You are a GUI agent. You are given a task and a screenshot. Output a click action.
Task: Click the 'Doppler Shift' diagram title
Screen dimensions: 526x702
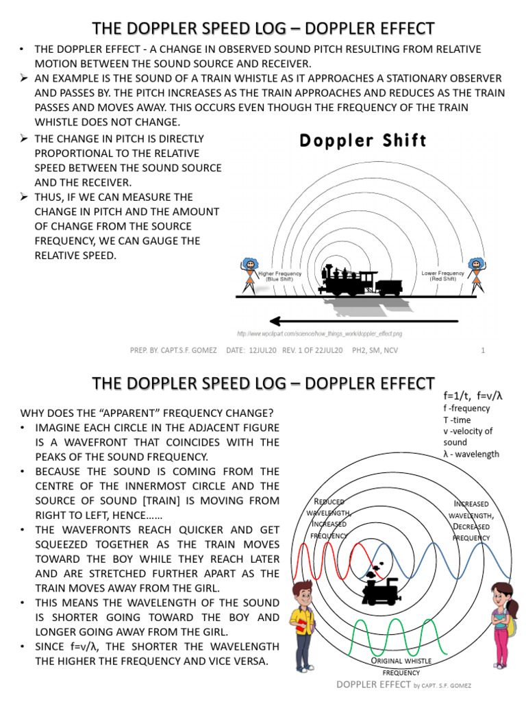[x=363, y=141]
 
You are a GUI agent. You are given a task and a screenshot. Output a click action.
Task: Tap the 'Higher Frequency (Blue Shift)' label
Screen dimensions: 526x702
[x=279, y=277]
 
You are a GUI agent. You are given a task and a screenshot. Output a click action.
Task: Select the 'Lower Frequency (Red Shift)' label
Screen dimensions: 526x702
[x=442, y=276]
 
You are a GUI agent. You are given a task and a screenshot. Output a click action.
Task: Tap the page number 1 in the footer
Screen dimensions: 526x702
[x=483, y=351]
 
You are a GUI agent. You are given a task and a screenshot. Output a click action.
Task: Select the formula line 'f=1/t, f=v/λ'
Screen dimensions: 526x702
[x=473, y=396]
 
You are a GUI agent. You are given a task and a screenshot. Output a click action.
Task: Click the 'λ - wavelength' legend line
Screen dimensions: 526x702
[x=471, y=454]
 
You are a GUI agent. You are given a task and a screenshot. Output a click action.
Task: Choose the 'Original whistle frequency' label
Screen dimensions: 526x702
[x=401, y=666]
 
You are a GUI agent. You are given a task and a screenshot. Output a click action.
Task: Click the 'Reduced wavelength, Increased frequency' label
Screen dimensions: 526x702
[x=328, y=518]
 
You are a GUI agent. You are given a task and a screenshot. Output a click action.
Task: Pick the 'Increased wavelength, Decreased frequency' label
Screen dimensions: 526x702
[x=471, y=520]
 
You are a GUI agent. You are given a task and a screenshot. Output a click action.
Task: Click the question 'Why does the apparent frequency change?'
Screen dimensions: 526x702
[x=147, y=413]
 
